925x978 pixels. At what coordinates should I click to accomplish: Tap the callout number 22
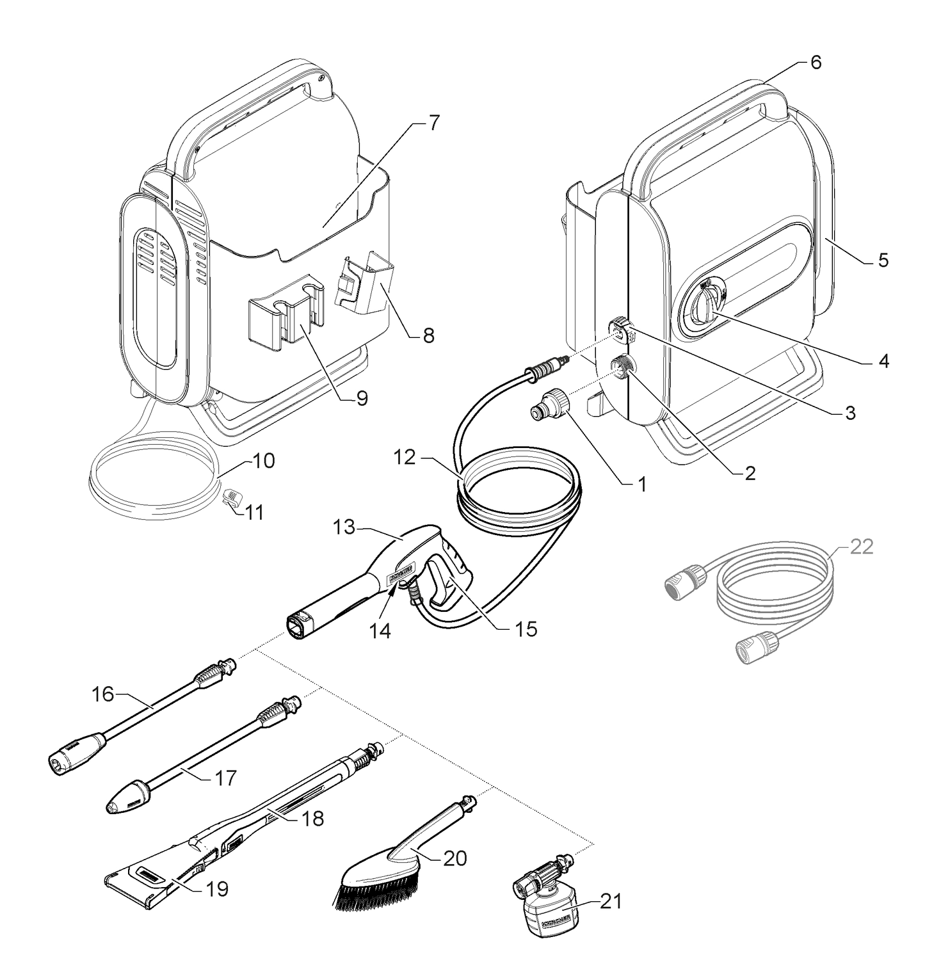pyautogui.click(x=862, y=547)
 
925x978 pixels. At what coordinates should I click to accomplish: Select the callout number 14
pyautogui.click(x=380, y=630)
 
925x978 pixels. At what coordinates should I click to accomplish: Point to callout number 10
pyautogui.click(x=262, y=461)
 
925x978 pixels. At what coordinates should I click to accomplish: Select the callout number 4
pyautogui.click(x=883, y=362)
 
